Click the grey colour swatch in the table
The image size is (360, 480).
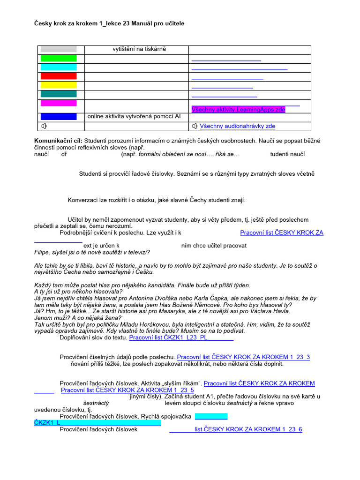coord(59,49)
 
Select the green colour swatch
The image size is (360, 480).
coord(59,58)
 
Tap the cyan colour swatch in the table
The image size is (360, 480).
coord(59,67)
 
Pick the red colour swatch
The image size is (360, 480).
coord(59,76)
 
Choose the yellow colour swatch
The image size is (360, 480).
coord(59,85)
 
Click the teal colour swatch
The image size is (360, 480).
coord(59,94)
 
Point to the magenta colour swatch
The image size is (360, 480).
coord(59,103)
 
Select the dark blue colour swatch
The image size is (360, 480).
coord(59,116)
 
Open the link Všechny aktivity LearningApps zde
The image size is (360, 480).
coord(238,109)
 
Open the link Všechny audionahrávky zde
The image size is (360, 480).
coord(237,126)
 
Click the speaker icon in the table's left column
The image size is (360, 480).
coord(44,126)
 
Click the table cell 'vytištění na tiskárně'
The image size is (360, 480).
coord(139,49)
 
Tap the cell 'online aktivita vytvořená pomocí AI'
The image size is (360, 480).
coord(134,116)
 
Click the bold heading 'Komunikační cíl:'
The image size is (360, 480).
coord(58,140)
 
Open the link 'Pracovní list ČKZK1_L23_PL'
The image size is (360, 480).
coord(181,337)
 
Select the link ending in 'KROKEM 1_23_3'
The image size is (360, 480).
coord(243,357)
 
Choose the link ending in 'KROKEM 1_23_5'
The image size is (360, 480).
coord(127,390)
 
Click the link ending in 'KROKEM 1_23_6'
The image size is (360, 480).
coord(248,429)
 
